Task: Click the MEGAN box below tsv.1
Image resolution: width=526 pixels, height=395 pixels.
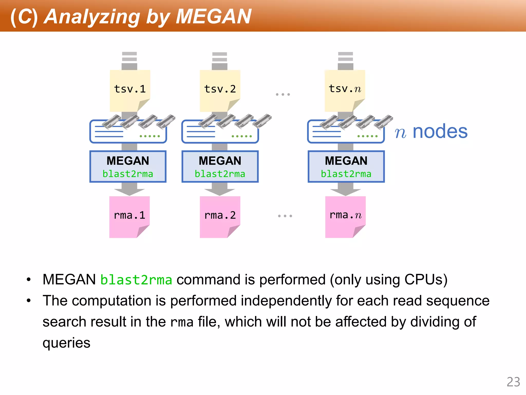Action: point(128,166)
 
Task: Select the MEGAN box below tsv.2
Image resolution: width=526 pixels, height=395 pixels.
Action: point(220,166)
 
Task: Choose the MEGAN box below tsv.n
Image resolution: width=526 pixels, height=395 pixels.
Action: point(346,166)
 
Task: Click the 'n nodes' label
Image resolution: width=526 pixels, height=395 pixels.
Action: point(431,132)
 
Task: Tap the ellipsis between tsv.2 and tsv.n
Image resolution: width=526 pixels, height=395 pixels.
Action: point(283,94)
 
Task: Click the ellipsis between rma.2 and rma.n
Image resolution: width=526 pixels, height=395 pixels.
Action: point(285,216)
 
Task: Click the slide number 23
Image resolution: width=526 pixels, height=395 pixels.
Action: point(513,382)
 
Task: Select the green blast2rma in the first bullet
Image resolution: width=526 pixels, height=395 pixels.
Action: point(136,280)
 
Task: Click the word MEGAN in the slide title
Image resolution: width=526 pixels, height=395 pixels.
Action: point(213,16)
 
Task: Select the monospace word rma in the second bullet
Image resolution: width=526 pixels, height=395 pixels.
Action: point(182,322)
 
